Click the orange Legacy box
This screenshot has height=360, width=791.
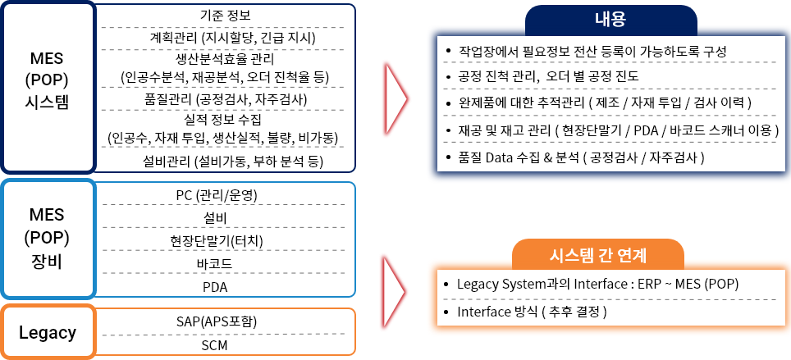(48, 332)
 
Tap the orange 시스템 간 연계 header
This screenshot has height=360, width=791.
(598, 255)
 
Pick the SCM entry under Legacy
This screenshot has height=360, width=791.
(215, 345)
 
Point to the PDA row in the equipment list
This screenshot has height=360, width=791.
(215, 288)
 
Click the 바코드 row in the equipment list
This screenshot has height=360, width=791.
(215, 264)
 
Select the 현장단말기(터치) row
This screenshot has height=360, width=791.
(217, 240)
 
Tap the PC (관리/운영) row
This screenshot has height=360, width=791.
(217, 195)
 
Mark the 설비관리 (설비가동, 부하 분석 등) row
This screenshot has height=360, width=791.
(232, 162)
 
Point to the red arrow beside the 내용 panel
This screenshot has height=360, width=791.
(395, 99)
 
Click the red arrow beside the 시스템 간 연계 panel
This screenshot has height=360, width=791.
(394, 291)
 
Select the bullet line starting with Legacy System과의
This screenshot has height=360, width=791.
(592, 284)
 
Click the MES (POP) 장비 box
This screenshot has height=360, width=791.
(48, 239)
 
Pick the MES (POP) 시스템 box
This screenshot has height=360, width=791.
(48, 88)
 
